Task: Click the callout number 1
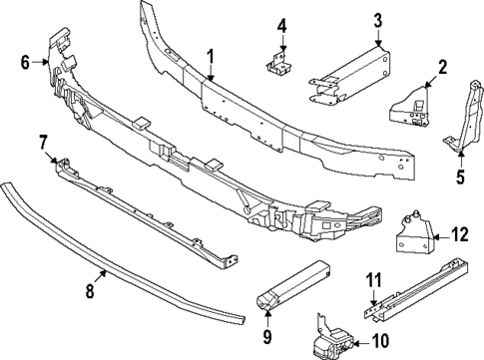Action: tap(211, 56)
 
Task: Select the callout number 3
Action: tap(378, 19)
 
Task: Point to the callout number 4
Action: tap(282, 25)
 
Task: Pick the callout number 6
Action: tap(25, 62)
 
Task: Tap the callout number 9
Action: tap(267, 337)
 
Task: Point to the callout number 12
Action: tap(459, 235)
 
